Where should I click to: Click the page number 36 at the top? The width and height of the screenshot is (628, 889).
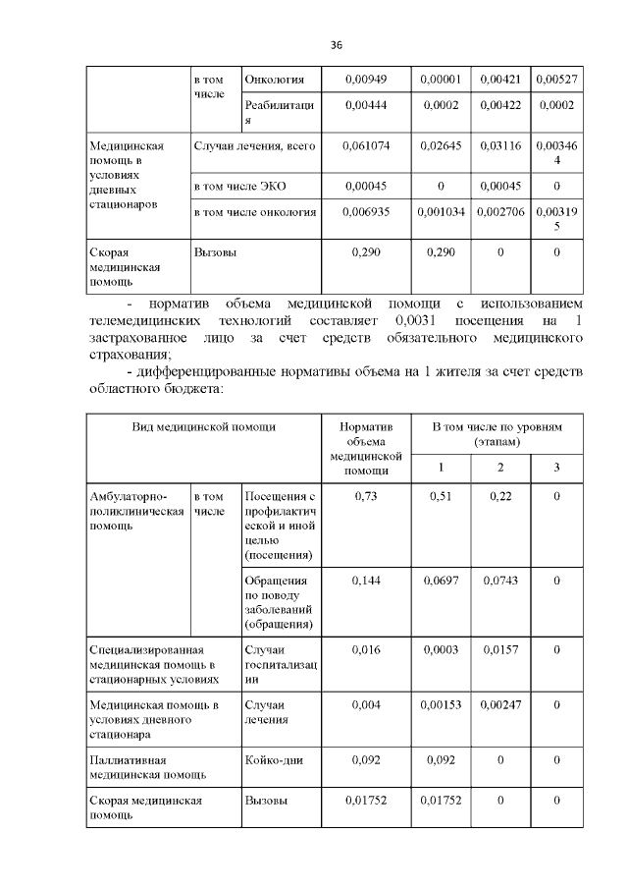coord(336,45)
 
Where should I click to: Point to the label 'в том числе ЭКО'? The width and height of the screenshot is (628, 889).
coord(240,185)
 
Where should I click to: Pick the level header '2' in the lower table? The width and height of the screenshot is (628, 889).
coord(500,467)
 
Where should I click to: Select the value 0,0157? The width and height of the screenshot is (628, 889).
coord(500,650)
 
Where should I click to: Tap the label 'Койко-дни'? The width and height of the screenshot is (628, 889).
coord(269,760)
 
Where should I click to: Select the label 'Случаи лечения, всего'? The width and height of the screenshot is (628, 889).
coord(255,146)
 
